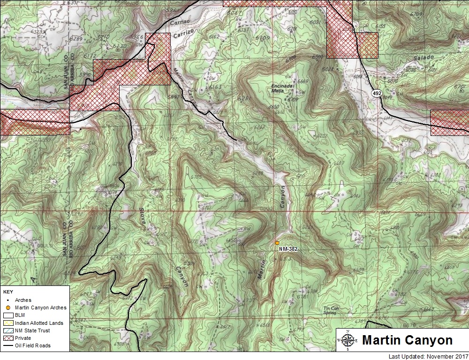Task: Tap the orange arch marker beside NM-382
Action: (277, 243)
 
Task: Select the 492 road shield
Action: (376, 94)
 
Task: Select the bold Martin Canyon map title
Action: (407, 340)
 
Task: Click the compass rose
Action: (347, 340)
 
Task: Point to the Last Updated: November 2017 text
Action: (428, 357)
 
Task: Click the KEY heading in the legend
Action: (8, 292)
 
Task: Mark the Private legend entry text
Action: (23, 338)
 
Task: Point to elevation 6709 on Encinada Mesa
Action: (293, 99)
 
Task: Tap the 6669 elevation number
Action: (303, 82)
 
